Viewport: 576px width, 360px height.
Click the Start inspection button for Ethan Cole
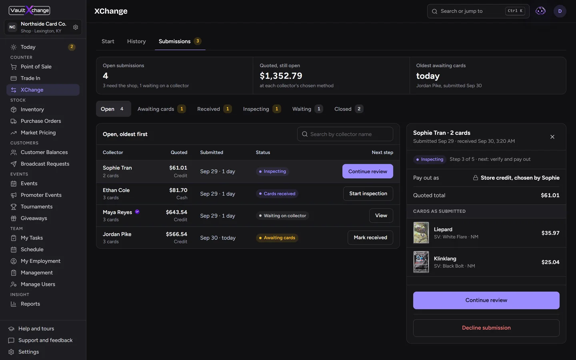click(x=368, y=193)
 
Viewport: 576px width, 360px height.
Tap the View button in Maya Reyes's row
click(x=381, y=216)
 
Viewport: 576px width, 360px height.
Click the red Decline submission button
click(x=486, y=328)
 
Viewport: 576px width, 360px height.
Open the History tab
click(x=136, y=41)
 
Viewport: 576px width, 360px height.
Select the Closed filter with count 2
click(x=348, y=109)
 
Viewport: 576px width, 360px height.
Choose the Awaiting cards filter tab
click(x=161, y=109)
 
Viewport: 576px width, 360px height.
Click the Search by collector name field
click(x=345, y=134)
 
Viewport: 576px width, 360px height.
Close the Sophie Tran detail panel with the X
click(x=552, y=137)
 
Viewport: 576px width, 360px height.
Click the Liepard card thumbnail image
click(x=421, y=233)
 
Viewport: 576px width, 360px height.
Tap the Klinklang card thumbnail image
click(x=421, y=262)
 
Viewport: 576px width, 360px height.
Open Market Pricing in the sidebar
click(x=38, y=132)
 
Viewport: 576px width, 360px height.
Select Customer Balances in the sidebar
click(x=44, y=152)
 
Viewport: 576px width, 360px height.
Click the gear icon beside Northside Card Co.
click(x=75, y=27)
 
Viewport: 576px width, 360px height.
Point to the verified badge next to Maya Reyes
click(x=137, y=212)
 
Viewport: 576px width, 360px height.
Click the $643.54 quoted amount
click(x=176, y=212)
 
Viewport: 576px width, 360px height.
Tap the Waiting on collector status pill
click(x=282, y=216)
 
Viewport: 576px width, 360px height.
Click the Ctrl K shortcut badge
click(x=515, y=11)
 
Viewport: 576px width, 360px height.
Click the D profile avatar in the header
click(x=560, y=11)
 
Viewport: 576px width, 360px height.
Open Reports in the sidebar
click(x=30, y=304)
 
